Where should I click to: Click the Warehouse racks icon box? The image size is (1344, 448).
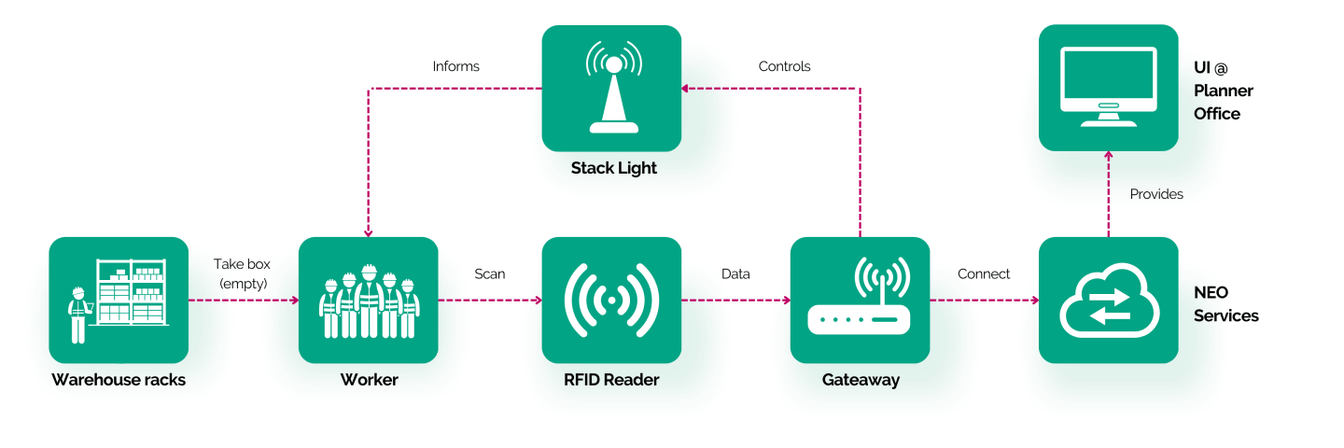coord(119,300)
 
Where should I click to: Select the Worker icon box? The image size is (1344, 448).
coord(369,300)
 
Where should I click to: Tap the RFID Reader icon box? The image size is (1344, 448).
coord(611,300)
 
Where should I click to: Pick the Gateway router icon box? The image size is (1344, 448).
coord(860,300)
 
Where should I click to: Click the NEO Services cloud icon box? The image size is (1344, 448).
coord(1108,300)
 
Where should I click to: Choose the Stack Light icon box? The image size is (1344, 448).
coord(611,88)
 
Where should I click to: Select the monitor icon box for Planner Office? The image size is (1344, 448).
coord(1108,88)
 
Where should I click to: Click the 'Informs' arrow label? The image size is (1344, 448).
coord(456,66)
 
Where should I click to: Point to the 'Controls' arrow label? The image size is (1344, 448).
coord(784,66)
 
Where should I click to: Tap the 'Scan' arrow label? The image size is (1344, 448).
coord(490,274)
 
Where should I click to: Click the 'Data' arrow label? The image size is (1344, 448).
coord(735,274)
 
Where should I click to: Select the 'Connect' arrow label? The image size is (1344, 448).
coord(984,274)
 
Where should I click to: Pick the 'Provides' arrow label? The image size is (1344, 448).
coord(1156,194)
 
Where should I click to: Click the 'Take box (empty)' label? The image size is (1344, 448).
coord(243,273)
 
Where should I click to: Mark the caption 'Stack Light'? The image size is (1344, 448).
coord(614,169)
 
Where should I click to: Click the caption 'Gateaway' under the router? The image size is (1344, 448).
coord(861,380)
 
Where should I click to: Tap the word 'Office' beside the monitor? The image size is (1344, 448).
coord(1217,114)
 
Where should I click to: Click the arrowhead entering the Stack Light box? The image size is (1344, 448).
coord(685,89)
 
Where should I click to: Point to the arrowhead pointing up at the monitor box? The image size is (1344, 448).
coord(1108,155)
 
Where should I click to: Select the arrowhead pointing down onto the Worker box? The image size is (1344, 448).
coord(369,233)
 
